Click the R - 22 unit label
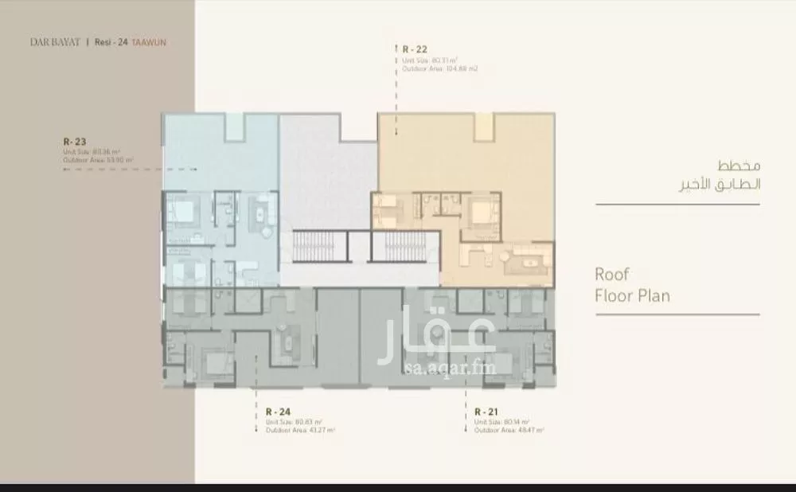[412, 49]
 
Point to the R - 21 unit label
[485, 411]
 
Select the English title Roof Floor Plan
[632, 285]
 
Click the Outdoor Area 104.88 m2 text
[439, 68]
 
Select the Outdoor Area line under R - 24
[300, 430]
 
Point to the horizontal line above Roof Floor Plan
[677, 206]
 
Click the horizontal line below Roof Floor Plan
[677, 314]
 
